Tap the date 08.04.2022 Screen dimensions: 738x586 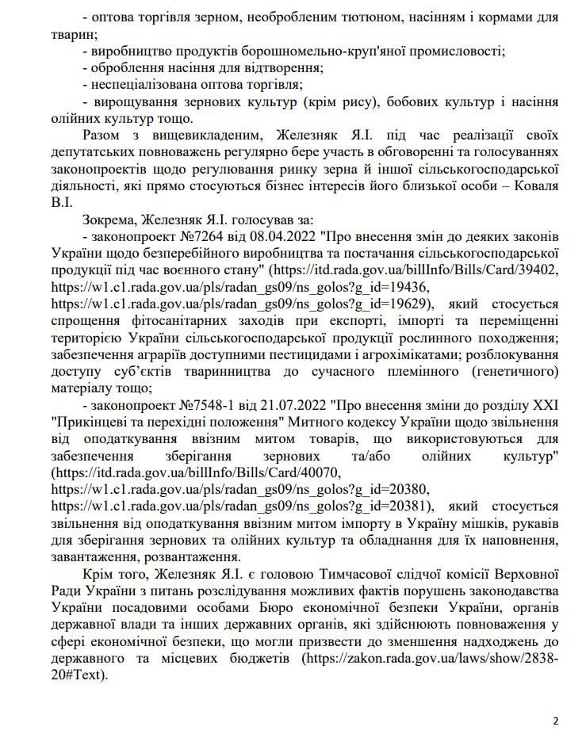click(264, 236)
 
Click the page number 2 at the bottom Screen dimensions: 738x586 click(555, 721)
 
